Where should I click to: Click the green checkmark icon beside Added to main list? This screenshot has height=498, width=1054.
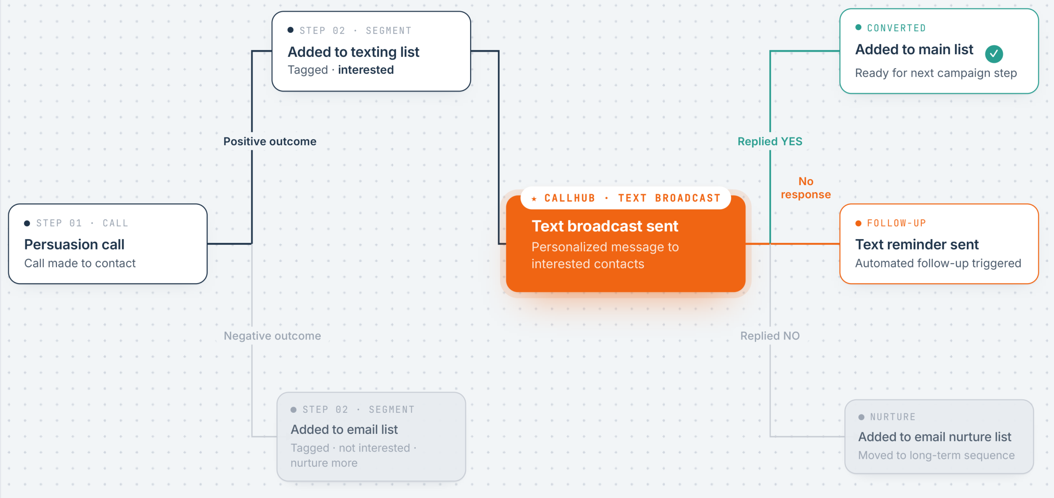point(994,54)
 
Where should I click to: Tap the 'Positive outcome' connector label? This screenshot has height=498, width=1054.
point(270,141)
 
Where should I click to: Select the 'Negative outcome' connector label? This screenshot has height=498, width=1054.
point(272,336)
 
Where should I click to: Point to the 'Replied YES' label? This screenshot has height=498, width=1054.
point(770,141)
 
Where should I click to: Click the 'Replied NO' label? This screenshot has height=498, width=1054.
point(770,336)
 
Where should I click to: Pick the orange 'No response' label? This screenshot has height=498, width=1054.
point(806,188)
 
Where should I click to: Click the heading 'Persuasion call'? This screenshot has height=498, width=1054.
point(74,244)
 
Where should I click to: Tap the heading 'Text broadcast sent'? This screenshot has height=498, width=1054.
point(605,226)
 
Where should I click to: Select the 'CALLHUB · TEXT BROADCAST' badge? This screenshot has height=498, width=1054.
point(626,198)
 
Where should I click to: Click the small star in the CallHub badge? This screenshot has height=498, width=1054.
point(534,199)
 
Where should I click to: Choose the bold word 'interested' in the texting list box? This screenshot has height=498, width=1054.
point(366,70)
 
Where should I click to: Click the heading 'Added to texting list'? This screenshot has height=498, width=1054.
point(353,52)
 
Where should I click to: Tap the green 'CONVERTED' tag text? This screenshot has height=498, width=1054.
point(896,28)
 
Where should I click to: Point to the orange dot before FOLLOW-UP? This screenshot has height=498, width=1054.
point(858,223)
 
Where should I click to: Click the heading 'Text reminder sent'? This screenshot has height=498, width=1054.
point(916,244)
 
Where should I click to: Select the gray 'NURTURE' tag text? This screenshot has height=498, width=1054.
point(893,417)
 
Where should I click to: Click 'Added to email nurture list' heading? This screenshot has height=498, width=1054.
point(935,437)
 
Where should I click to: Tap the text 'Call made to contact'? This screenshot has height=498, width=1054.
point(80,263)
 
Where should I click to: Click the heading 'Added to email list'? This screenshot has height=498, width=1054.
point(344,429)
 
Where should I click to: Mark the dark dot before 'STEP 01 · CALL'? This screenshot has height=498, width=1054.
point(27,223)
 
